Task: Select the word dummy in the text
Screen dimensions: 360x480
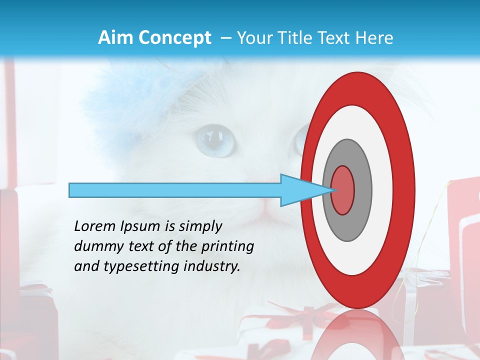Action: [x=96, y=246]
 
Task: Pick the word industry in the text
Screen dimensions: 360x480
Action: [x=212, y=266]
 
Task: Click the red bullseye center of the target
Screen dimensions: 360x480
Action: [x=343, y=190]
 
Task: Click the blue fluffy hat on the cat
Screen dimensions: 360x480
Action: [x=120, y=105]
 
